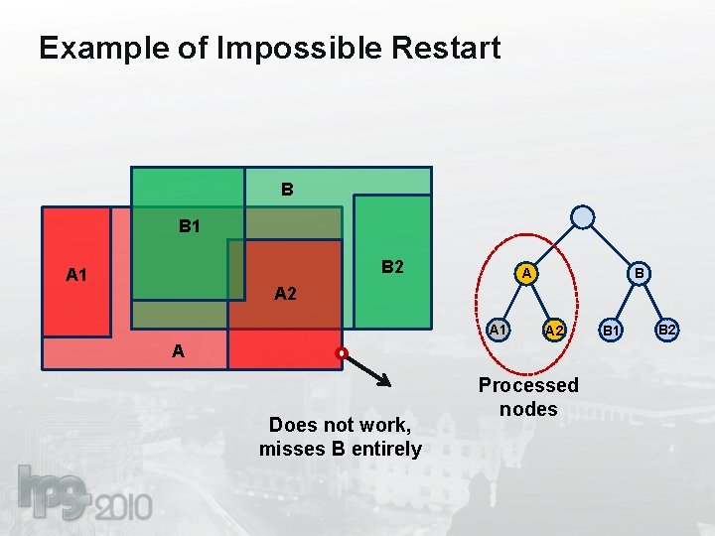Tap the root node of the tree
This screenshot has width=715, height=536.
click(x=584, y=217)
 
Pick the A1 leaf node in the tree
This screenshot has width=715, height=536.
click(x=500, y=329)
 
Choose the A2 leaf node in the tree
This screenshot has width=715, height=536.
click(x=555, y=330)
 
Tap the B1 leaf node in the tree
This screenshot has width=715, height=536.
click(x=613, y=330)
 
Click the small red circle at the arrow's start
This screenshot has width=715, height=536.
click(x=341, y=352)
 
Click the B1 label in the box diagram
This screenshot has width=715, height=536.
click(x=190, y=226)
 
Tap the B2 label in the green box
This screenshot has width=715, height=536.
click(x=392, y=267)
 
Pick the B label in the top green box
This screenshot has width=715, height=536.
click(x=286, y=188)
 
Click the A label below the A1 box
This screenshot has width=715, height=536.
click(x=177, y=350)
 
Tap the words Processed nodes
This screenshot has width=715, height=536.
click(x=528, y=397)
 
